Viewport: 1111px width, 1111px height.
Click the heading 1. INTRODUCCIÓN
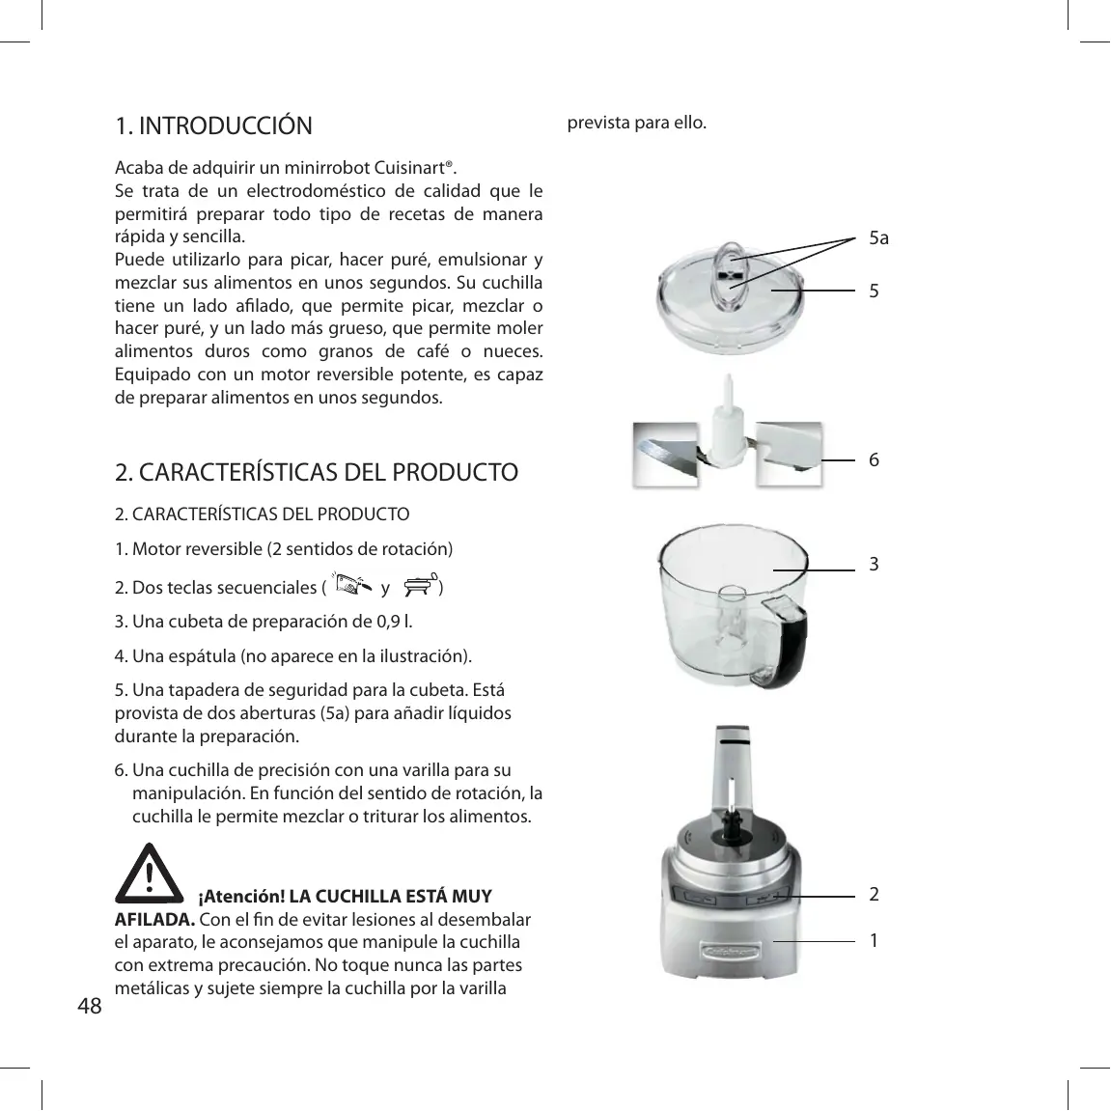(213, 126)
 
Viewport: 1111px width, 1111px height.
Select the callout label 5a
(878, 237)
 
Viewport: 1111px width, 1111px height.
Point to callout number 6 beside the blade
(874, 460)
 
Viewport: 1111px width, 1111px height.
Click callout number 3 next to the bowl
(874, 564)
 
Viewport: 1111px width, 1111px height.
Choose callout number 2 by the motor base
(874, 895)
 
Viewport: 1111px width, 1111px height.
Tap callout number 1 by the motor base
(874, 939)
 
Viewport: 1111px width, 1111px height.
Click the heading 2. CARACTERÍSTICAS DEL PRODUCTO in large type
(317, 473)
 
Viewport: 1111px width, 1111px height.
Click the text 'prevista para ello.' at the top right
(636, 125)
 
